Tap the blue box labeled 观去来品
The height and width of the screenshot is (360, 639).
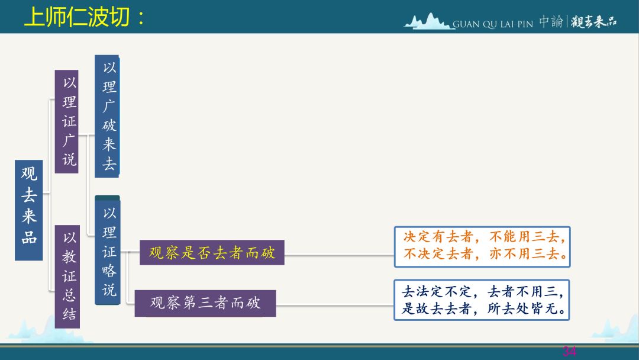click(29, 210)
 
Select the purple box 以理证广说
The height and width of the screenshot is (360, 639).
click(66, 121)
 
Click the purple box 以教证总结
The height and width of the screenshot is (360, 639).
click(67, 277)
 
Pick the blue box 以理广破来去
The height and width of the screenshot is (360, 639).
click(107, 116)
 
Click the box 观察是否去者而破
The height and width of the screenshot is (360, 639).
click(212, 253)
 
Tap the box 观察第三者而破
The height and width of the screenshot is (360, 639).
click(205, 303)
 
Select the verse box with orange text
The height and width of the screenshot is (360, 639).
click(482, 247)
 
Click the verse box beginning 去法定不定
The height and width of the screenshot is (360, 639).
click(482, 300)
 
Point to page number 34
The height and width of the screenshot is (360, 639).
click(569, 351)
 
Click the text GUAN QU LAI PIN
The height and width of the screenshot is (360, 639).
click(493, 24)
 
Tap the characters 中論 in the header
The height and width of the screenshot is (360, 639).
click(551, 21)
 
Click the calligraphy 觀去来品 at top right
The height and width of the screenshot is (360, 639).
click(594, 21)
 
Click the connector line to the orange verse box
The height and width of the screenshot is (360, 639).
click(339, 256)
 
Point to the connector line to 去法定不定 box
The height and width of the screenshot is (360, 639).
click(335, 306)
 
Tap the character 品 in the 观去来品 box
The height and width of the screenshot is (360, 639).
click(30, 237)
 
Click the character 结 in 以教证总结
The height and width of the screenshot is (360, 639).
click(69, 314)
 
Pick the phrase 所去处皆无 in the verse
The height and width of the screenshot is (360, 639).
click(527, 308)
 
